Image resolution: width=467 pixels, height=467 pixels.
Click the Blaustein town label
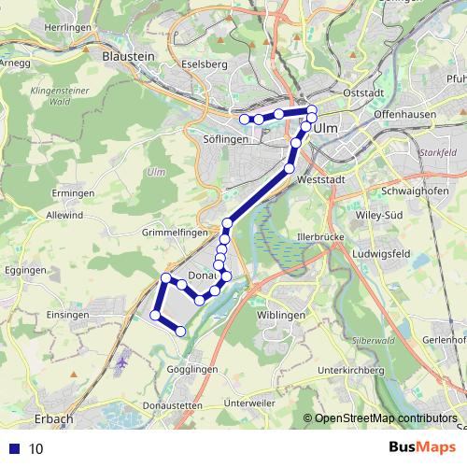click(129, 56)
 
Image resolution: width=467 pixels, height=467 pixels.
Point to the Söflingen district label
click(224, 139)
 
